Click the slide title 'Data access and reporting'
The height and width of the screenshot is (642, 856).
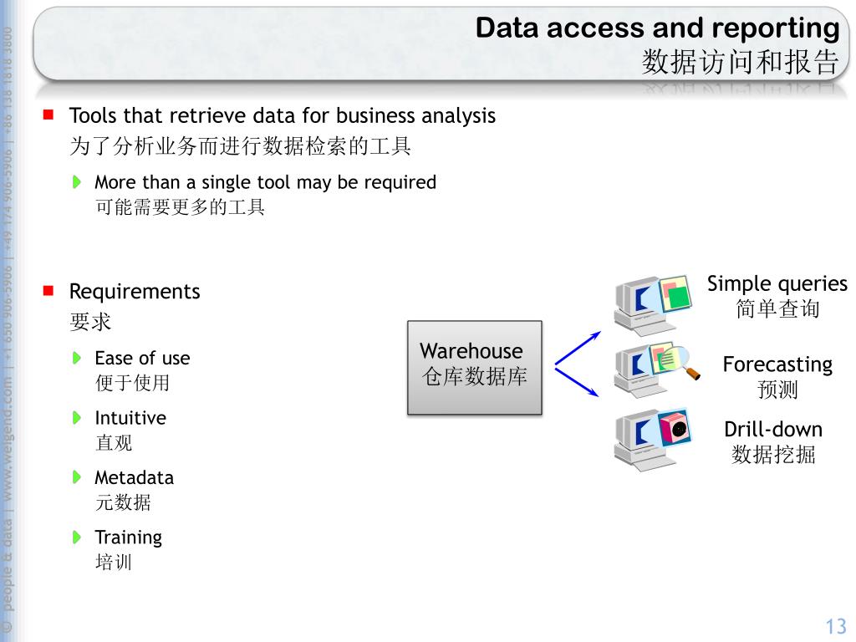coord(657,28)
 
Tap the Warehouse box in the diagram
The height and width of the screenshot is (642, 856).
coord(474,367)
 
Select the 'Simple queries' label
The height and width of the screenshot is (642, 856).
coord(777,284)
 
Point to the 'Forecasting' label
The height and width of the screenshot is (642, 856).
coord(777,364)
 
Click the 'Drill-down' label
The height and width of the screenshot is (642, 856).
coord(773,430)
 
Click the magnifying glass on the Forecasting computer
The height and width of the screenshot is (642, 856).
coord(687,364)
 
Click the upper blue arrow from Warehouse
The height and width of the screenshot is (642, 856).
coord(578,348)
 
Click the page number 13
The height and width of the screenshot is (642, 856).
coord(836,626)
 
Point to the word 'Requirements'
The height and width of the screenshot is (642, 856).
coord(135,292)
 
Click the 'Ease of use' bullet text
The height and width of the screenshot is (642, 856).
coord(142,359)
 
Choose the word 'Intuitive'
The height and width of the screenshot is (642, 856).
coord(130,418)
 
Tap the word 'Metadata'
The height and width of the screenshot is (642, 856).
coord(134,478)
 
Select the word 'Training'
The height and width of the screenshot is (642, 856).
coord(128,538)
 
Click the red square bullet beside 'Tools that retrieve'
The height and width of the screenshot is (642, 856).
coord(48,115)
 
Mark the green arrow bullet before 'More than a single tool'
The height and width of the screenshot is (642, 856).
coord(77,181)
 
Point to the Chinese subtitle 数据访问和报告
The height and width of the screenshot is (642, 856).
coord(740,62)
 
